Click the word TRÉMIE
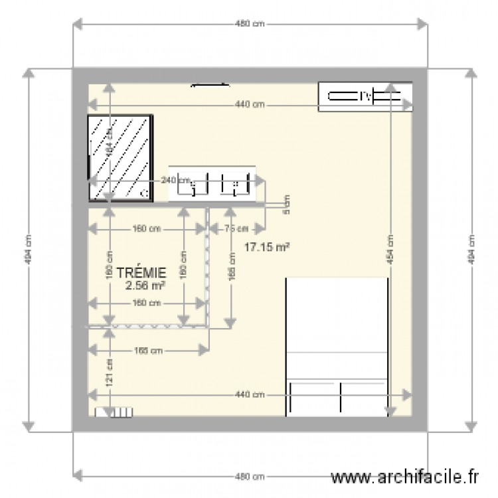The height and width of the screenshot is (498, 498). [x=140, y=272]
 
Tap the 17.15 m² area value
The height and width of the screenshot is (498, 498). [x=266, y=247]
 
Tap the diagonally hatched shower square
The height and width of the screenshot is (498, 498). [x=121, y=158]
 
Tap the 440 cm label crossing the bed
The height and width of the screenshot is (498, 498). [x=250, y=395]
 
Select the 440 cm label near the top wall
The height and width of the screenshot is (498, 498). [x=250, y=104]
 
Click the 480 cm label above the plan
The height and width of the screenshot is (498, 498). [x=250, y=25]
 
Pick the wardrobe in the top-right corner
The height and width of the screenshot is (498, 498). [x=365, y=97]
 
